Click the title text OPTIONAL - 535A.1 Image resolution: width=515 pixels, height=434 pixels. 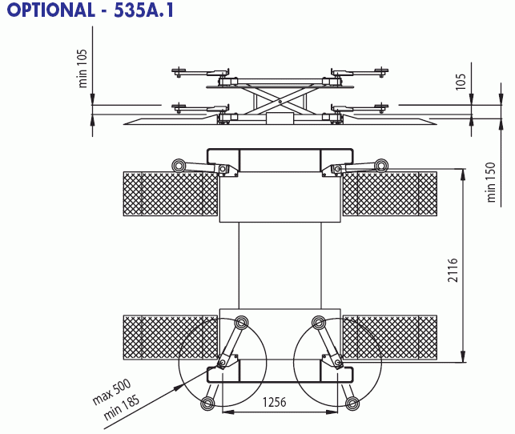(x=90, y=10)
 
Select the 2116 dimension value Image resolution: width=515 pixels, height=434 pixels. (x=453, y=270)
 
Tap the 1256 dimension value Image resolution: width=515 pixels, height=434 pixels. (x=274, y=402)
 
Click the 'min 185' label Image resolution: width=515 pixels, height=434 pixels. (x=121, y=407)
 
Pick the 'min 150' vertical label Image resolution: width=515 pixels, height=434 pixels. (x=491, y=182)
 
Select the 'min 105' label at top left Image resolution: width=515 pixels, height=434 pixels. (x=82, y=68)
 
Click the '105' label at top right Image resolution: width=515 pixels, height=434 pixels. (x=461, y=82)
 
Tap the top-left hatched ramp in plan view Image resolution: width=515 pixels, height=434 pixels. (x=171, y=194)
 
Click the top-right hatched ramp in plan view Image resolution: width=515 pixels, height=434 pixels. (x=390, y=194)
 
